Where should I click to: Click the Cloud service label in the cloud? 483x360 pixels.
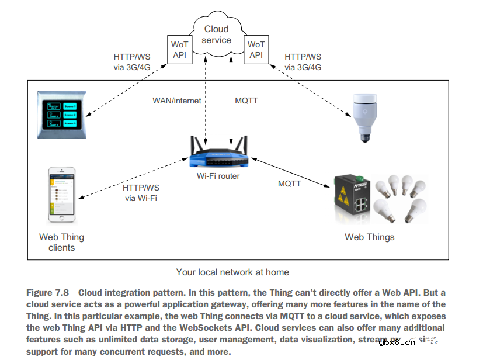coord(217,34)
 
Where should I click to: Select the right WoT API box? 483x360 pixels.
coord(256,50)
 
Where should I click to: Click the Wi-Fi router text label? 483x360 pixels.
coord(218,176)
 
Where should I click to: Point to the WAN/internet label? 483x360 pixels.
coord(177,101)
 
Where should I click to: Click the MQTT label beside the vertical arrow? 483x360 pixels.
coord(246,101)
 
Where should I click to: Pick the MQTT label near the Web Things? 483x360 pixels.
coord(289,184)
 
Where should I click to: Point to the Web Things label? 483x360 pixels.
coord(369,237)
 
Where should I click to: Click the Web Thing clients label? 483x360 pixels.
coord(61,242)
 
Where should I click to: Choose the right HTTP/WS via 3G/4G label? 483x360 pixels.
coord(303,62)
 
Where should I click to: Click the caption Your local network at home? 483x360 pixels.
coord(232,272)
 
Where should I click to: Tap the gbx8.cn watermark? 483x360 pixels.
coord(397,342)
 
